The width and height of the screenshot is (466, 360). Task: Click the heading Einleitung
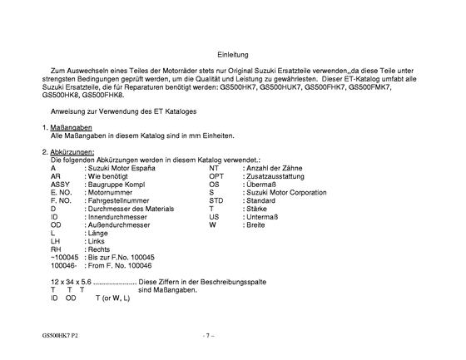pos(232,54)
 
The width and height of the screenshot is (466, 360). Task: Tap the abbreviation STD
pos(216,200)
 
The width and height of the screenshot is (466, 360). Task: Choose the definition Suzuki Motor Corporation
pos(285,192)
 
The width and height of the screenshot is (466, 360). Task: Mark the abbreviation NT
pos(214,168)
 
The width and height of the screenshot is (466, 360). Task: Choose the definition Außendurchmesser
pos(121,224)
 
